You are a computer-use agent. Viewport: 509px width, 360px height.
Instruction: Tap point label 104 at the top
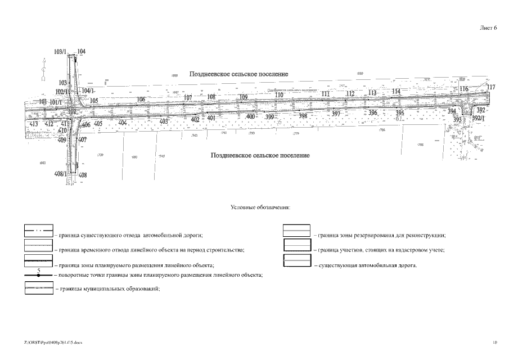pos(82,51)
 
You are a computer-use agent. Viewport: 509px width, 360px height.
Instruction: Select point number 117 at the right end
pos(491,87)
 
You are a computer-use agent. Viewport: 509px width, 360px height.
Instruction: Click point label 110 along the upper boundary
pos(279,95)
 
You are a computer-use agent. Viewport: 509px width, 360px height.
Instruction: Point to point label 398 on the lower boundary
pos(303,116)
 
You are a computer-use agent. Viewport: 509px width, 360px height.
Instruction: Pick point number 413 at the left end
pos(34,123)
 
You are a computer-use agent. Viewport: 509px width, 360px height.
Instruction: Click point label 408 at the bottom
pos(83,175)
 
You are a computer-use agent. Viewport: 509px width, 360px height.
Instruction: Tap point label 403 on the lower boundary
pos(164,121)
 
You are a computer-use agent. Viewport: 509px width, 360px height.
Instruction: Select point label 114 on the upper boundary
pos(397,91)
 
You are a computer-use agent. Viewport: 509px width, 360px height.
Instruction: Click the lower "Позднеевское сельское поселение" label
pos(260,155)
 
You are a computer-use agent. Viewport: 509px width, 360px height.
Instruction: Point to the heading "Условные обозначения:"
pos(260,208)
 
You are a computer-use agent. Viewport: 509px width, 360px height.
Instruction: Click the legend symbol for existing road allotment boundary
pos(38,231)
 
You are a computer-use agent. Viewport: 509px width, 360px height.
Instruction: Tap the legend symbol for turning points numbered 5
pos(38,275)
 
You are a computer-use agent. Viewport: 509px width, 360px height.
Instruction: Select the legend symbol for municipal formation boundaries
pos(38,288)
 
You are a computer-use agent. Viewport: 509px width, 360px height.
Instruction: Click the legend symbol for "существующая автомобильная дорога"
pos(296,260)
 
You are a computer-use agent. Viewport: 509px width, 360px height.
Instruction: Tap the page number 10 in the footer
pos(495,341)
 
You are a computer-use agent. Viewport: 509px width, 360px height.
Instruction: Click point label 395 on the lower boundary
pos(399,113)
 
